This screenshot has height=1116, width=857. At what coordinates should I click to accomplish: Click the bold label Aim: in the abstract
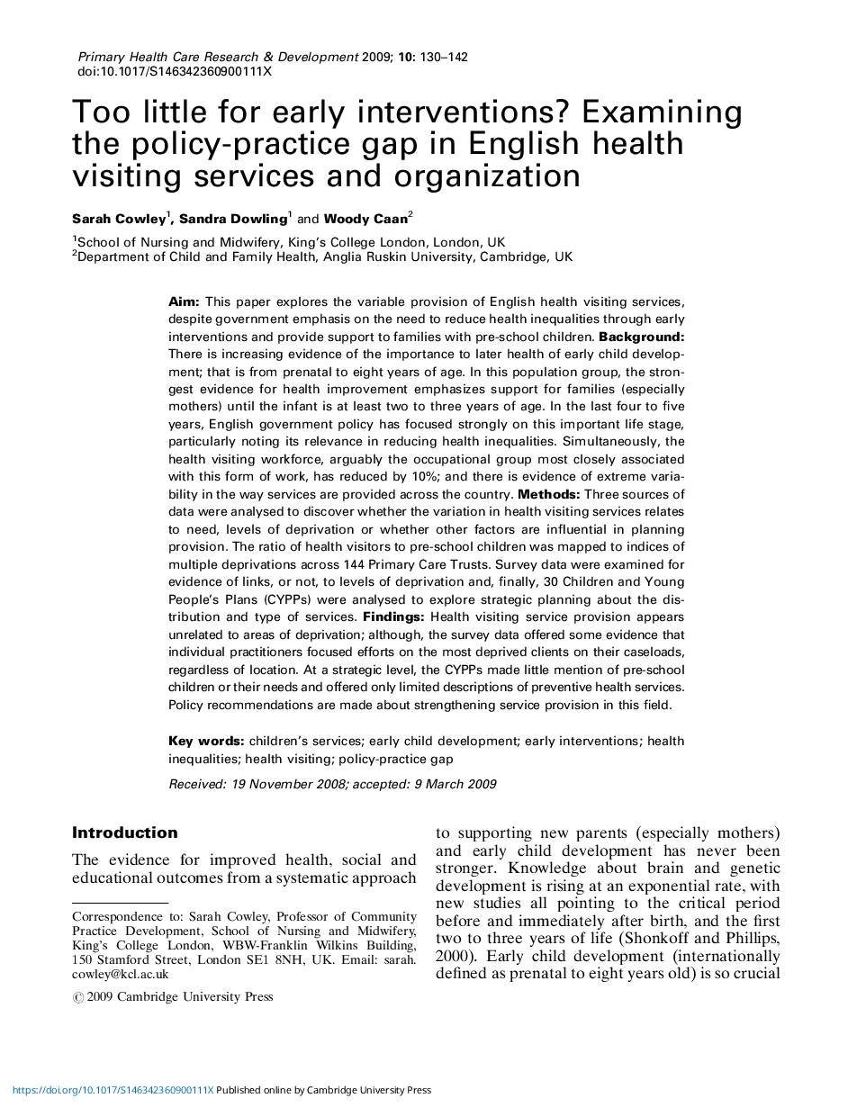185,301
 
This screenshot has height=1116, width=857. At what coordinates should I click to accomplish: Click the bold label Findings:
393,617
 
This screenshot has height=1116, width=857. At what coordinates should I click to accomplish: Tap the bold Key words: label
206,741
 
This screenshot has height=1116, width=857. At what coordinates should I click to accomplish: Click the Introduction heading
125,832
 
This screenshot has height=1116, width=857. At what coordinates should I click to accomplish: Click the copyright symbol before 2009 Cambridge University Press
77,997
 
